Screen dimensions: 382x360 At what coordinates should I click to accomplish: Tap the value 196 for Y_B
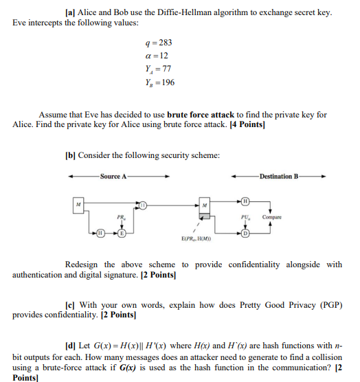point(166,82)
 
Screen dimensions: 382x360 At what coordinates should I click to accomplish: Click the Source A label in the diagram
point(113,177)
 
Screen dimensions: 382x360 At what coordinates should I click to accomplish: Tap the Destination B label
point(279,177)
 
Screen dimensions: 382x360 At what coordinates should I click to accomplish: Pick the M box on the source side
point(79,204)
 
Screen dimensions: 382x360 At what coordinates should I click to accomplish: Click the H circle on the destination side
point(245,201)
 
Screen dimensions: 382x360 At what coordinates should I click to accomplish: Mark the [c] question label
point(70,304)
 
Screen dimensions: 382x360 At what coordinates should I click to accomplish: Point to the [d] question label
point(70,344)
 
